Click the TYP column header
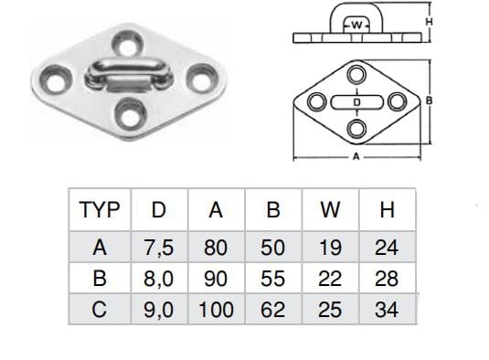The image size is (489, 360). [x=100, y=209]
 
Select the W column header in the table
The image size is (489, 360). [x=330, y=209]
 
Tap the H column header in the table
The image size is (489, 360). [x=387, y=209]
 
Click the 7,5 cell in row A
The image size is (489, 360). [x=159, y=248]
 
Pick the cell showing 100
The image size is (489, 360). [x=216, y=310]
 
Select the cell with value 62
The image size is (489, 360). [x=273, y=310]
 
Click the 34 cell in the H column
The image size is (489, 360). [x=387, y=310]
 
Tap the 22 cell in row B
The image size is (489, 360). [x=330, y=279]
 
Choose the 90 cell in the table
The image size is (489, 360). [x=216, y=279]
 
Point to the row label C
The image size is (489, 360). [x=100, y=310]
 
